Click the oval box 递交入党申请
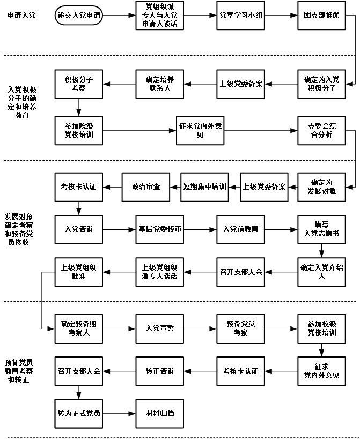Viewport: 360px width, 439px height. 79,16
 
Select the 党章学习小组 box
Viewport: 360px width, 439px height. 241,16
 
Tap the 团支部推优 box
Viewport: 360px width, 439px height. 321,16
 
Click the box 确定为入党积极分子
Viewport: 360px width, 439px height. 321,84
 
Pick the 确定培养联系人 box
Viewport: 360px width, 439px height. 160,84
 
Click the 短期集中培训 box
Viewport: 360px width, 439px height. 204,187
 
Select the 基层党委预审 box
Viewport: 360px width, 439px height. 160,229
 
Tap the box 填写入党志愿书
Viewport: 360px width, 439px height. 321,229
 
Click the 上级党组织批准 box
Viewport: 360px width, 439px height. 78,272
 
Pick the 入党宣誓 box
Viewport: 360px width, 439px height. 160,328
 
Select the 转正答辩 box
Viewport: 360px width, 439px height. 160,370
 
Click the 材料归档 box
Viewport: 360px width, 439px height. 160,414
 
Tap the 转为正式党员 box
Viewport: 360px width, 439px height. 78,414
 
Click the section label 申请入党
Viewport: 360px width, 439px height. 22,16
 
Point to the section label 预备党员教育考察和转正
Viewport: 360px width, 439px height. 22,370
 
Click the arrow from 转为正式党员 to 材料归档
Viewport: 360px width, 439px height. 118,414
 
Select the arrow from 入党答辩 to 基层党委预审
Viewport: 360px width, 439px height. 118,229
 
